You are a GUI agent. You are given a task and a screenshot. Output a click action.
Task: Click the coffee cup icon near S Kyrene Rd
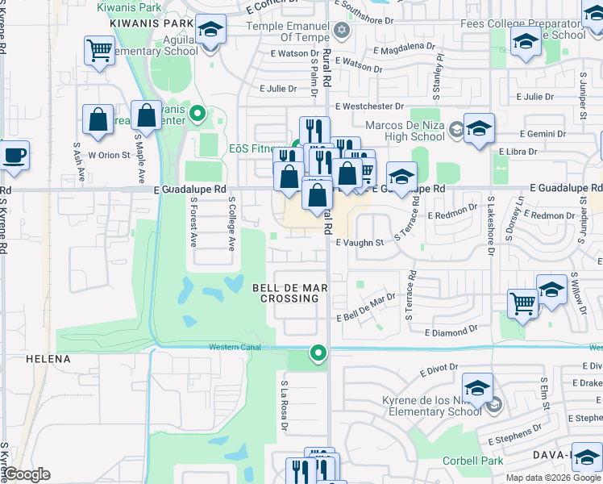[x=14, y=154]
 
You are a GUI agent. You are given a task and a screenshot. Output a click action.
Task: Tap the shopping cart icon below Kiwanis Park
[x=99, y=50]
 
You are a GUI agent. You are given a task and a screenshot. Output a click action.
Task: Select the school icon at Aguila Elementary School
[x=210, y=30]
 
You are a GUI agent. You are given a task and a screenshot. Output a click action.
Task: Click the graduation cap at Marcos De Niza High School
[x=479, y=128]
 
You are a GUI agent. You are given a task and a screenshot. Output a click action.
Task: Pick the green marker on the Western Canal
[x=319, y=353]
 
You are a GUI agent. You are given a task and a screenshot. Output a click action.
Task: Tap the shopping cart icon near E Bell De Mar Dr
[x=522, y=304]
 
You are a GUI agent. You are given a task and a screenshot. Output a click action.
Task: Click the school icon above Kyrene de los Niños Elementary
[x=477, y=388]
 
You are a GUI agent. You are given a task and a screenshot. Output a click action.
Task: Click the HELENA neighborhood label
[x=48, y=358]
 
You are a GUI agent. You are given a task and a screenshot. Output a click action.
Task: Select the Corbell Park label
[x=472, y=461]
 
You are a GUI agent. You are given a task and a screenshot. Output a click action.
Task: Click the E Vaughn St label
[x=360, y=242]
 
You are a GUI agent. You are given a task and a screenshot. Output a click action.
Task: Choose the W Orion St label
[x=109, y=155]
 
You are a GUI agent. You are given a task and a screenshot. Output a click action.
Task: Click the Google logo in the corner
[x=27, y=474]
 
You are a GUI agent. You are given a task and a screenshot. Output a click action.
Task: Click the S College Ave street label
[x=231, y=224]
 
